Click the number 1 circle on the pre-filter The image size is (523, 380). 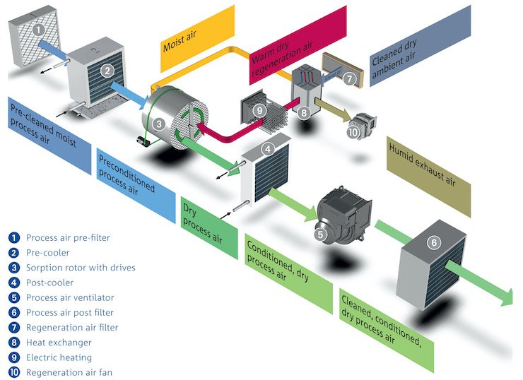[39, 30]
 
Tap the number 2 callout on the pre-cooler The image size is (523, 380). [107, 70]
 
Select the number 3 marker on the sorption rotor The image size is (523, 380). [160, 125]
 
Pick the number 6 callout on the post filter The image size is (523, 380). [434, 242]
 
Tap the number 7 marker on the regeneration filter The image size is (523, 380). [349, 79]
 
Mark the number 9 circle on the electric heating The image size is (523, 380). [260, 110]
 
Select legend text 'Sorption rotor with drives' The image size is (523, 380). [81, 267]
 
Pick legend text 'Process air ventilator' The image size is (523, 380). [70, 297]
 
